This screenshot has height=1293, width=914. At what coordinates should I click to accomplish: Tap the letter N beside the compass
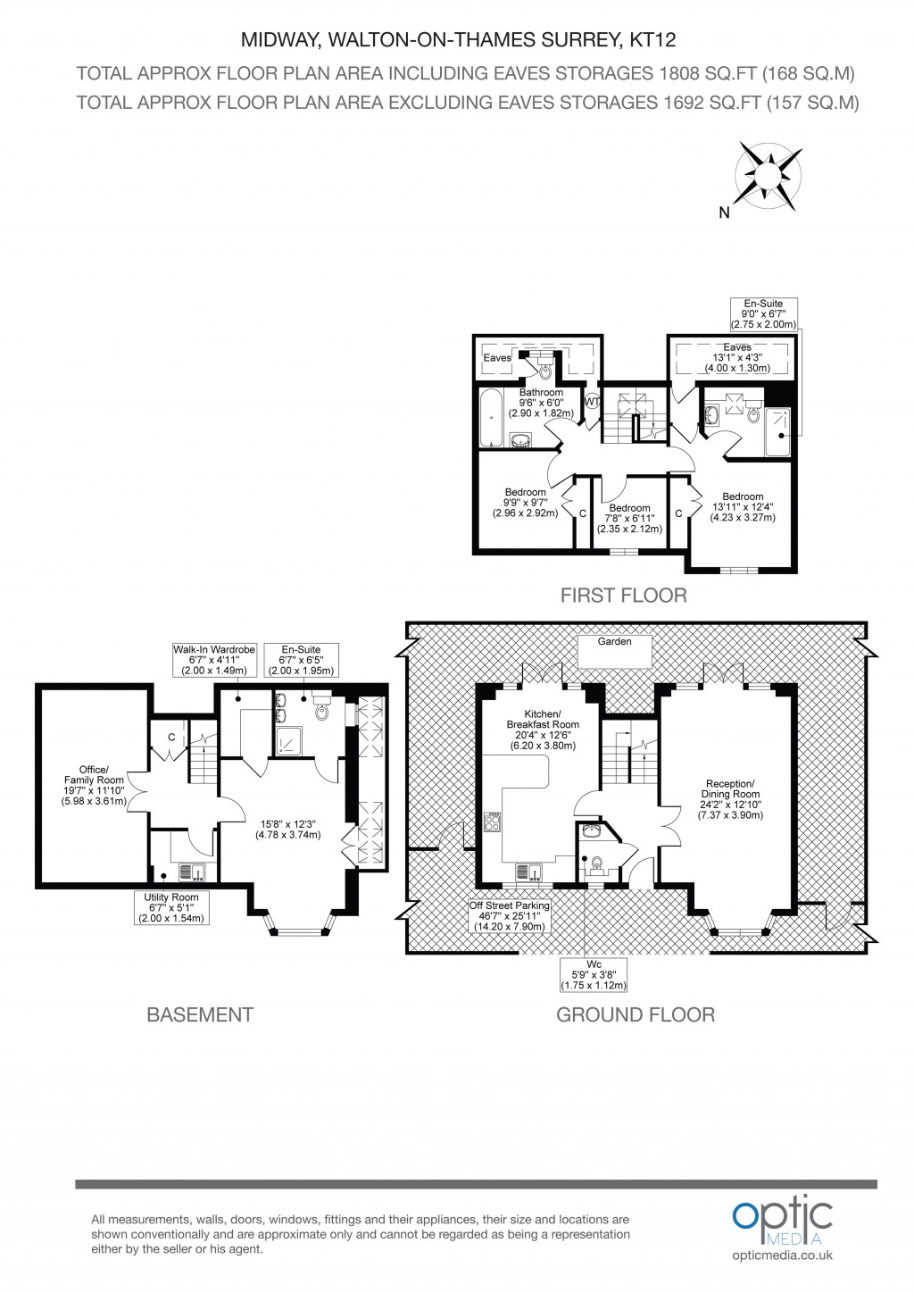[x=724, y=213]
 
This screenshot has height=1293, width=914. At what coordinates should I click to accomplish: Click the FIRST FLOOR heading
[x=623, y=596]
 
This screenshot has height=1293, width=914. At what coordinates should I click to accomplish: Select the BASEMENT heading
[x=199, y=1014]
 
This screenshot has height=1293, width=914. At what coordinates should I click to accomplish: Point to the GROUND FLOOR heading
[x=635, y=1014]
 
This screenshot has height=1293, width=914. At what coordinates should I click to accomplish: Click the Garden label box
[x=614, y=650]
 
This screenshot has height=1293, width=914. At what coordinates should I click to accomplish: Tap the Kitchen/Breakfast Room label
[x=543, y=730]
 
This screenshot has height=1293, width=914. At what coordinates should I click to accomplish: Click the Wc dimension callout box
[x=594, y=975]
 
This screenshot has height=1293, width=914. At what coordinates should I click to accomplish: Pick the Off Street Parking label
[x=511, y=916]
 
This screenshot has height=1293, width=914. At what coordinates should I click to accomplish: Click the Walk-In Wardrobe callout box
[x=214, y=660]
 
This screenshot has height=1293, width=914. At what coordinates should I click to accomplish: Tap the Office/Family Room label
[x=93, y=785]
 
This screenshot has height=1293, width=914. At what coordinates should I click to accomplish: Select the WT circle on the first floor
[x=591, y=402]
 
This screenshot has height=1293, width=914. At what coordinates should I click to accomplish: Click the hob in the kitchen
[x=492, y=822]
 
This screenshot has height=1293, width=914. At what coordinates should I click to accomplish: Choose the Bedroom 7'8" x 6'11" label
[x=629, y=518]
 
